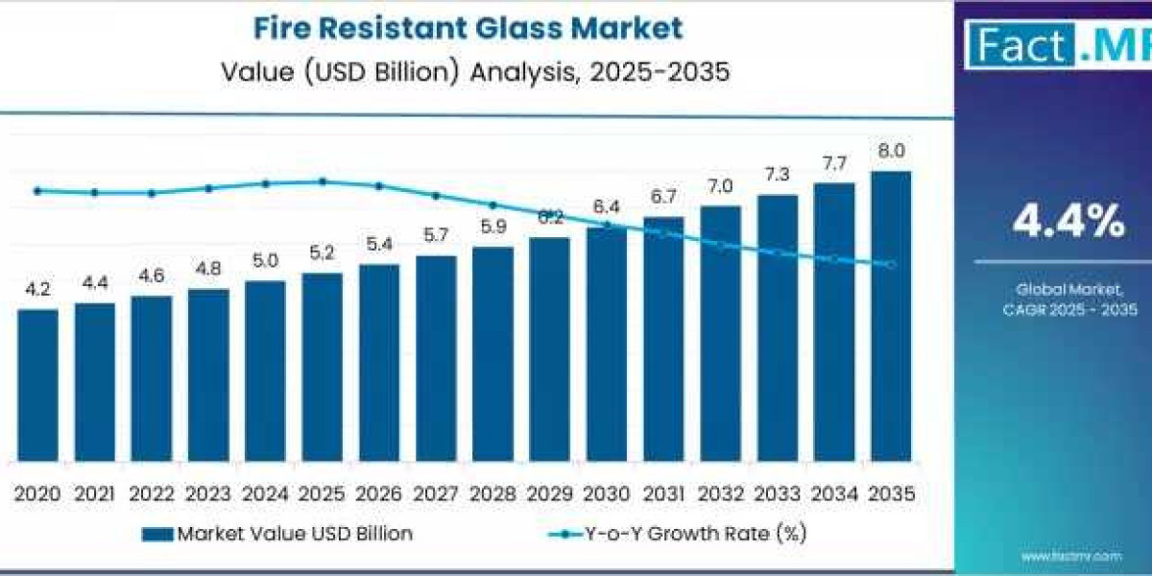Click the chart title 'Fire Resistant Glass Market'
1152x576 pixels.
tap(468, 28)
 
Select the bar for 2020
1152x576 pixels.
tap(37, 384)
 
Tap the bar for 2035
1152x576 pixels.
tap(891, 317)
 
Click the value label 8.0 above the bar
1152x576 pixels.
tap(891, 151)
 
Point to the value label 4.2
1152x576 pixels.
tap(37, 288)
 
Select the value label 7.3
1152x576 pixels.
tap(778, 174)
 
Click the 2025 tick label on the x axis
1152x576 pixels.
tap(322, 493)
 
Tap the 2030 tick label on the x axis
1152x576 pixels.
tap(606, 493)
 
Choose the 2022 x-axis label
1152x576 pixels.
tap(152, 493)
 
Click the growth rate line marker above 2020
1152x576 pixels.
tap(37, 191)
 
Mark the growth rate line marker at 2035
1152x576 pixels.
tap(891, 265)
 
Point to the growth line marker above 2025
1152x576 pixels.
tap(323, 180)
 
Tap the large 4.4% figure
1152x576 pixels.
tap(1068, 223)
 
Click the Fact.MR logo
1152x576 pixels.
tap(1056, 46)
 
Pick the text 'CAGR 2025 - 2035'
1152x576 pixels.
tap(1068, 309)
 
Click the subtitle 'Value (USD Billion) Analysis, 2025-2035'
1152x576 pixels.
tap(468, 71)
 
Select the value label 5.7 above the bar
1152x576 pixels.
tap(436, 234)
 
